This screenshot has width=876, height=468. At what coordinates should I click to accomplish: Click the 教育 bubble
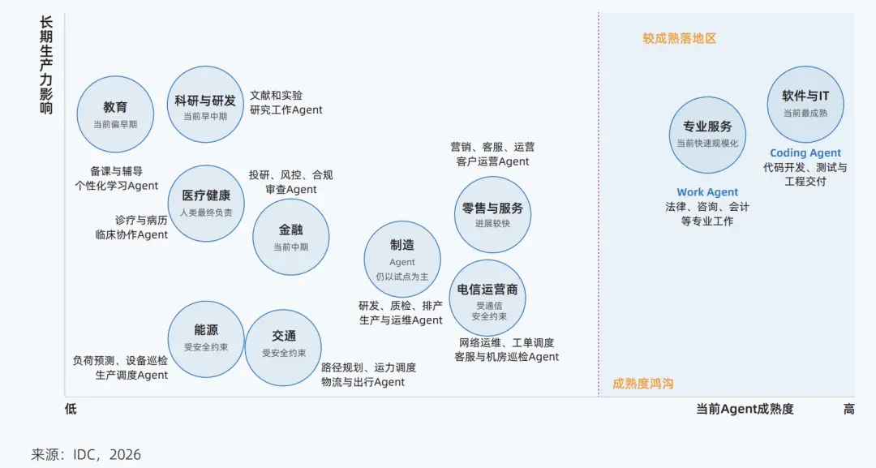pos(115,114)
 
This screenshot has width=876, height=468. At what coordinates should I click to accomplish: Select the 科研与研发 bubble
pos(205,105)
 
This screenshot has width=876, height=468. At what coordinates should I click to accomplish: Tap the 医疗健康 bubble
pos(206,204)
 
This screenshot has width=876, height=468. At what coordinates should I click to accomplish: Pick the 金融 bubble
pos(291,238)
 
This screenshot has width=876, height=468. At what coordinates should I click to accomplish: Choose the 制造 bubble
pos(402,259)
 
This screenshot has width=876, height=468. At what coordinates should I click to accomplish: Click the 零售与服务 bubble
pos(493,214)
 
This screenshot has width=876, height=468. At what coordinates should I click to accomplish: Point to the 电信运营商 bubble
pos(487,298)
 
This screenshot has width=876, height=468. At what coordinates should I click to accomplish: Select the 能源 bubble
pos(206,339)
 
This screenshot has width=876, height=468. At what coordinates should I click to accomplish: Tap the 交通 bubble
pos(283,348)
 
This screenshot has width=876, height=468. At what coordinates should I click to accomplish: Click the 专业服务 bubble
pos(708,135)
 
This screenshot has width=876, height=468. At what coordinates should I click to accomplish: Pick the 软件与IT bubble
pos(805,105)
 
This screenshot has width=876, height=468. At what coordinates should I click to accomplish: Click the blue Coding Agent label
pos(805,153)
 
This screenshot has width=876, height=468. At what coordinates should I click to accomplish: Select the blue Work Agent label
pos(707,192)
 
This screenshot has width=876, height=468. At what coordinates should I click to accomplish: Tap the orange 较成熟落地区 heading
pos(680,39)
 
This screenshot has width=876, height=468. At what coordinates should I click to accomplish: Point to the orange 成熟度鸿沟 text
pos(643,384)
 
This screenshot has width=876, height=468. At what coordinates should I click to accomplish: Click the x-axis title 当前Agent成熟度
pos(745,409)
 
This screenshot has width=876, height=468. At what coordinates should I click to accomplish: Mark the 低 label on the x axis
pos(71,409)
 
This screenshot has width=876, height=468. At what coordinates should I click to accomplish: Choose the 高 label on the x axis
pos(848,409)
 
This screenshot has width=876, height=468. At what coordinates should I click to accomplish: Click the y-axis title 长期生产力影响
pos(46,66)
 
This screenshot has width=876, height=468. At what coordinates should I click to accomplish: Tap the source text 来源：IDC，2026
pos(86,454)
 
